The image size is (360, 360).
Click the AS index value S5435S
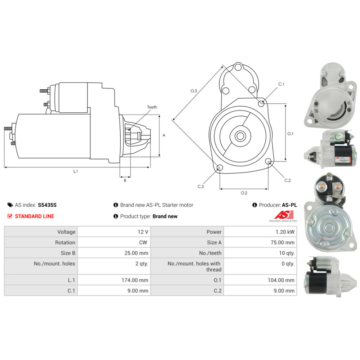[47, 205]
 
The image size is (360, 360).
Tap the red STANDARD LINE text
[35, 216]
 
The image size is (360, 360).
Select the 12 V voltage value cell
[114, 231]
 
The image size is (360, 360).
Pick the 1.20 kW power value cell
[260, 231]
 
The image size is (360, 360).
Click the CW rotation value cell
[114, 242]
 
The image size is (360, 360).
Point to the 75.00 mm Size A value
[282, 242]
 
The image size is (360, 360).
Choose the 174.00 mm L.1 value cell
[114, 280]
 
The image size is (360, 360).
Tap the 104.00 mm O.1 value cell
[260, 280]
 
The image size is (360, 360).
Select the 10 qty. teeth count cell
[260, 253]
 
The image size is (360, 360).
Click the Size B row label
[68, 253]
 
